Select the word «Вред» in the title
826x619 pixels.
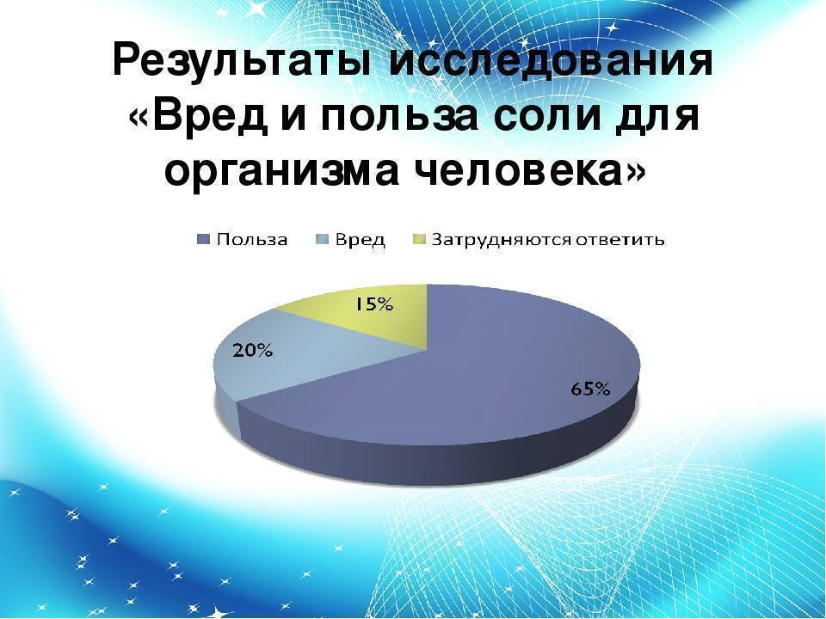pos(212,116)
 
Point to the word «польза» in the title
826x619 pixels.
pos(400,116)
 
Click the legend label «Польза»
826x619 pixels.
pos(252,240)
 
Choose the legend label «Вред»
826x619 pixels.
pos(361,240)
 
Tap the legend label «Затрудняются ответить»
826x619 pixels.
pos(548,240)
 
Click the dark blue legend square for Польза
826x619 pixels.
pos(205,240)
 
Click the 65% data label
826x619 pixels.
pos(590,389)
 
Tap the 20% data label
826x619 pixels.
pos(252,350)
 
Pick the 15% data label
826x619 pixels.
pos(372,304)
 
